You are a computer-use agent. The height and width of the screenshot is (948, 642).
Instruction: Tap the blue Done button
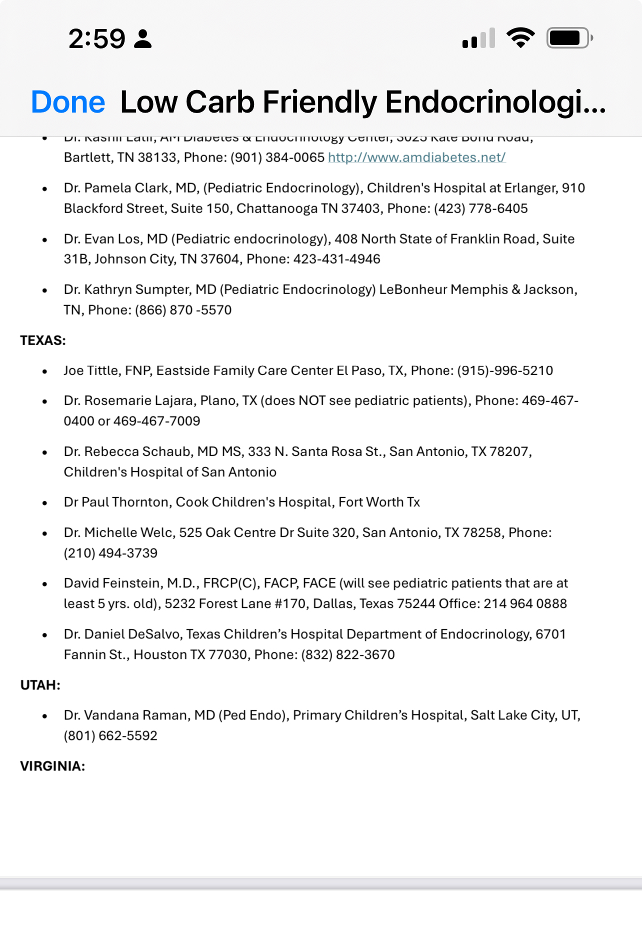(68, 102)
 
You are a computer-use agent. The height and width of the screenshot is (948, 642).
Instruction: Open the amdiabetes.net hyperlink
(416, 158)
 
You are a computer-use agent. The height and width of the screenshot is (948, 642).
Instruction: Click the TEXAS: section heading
(43, 341)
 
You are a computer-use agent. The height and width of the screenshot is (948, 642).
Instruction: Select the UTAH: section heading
(40, 685)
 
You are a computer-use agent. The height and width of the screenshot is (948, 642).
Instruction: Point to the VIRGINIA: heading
(52, 766)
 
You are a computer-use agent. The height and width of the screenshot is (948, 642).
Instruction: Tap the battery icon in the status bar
(569, 38)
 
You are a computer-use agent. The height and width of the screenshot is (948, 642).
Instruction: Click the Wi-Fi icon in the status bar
(520, 38)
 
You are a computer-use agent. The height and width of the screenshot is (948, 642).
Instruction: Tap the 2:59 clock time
(97, 39)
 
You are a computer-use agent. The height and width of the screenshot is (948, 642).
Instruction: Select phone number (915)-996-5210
(505, 371)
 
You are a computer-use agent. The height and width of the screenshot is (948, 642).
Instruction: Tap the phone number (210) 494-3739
(110, 553)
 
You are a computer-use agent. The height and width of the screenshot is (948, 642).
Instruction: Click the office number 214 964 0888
(525, 604)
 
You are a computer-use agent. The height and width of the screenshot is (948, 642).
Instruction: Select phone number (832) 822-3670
(348, 655)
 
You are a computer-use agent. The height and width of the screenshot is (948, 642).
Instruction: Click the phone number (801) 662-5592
(110, 736)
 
